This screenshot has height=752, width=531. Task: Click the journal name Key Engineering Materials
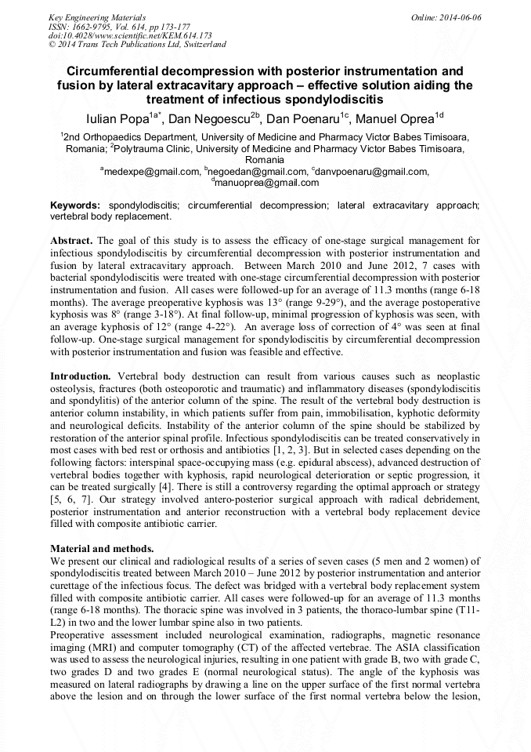click(97, 16)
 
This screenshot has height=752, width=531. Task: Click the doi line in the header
click(130, 35)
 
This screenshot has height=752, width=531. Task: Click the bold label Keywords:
click(75, 205)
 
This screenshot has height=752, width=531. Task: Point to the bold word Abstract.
click(72, 240)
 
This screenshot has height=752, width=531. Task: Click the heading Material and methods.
click(102, 548)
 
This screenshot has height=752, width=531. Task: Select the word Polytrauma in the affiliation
click(145, 147)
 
